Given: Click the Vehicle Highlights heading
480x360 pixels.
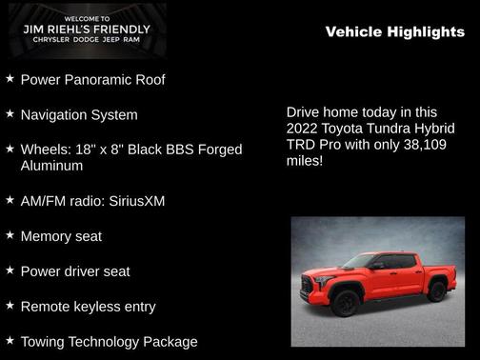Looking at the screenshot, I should coord(394,32).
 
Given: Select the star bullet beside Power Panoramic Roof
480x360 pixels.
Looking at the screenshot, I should coord(10,79).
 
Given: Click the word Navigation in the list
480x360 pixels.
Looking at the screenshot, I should coord(55,114).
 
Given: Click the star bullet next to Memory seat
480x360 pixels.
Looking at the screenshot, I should coord(10,235).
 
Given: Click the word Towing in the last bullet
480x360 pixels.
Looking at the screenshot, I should coord(43,341).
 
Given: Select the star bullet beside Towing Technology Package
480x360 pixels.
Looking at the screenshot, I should coord(10,340).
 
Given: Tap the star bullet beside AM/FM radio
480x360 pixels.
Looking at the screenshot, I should coord(10,201).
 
